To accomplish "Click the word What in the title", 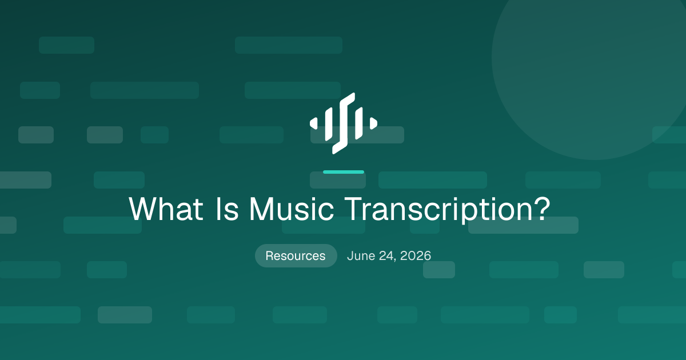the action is tap(166, 209).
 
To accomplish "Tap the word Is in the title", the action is tap(227, 209).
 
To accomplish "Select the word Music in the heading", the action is tap(291, 209).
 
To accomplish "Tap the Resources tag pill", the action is tap(296, 255).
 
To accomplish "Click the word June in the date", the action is tap(361, 256).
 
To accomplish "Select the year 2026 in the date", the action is tap(416, 256).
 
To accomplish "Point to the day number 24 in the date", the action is tap(386, 256).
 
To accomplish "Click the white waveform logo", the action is tap(344, 123).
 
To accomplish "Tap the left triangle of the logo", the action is tap(314, 123).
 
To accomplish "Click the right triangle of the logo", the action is tap(373, 123).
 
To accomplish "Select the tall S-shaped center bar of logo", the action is tap(344, 123).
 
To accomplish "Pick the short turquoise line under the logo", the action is tap(344, 172).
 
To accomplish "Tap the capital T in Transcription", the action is tap(354, 209).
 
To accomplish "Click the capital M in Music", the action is tap(261, 209).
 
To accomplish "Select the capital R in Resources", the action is tap(269, 256).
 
